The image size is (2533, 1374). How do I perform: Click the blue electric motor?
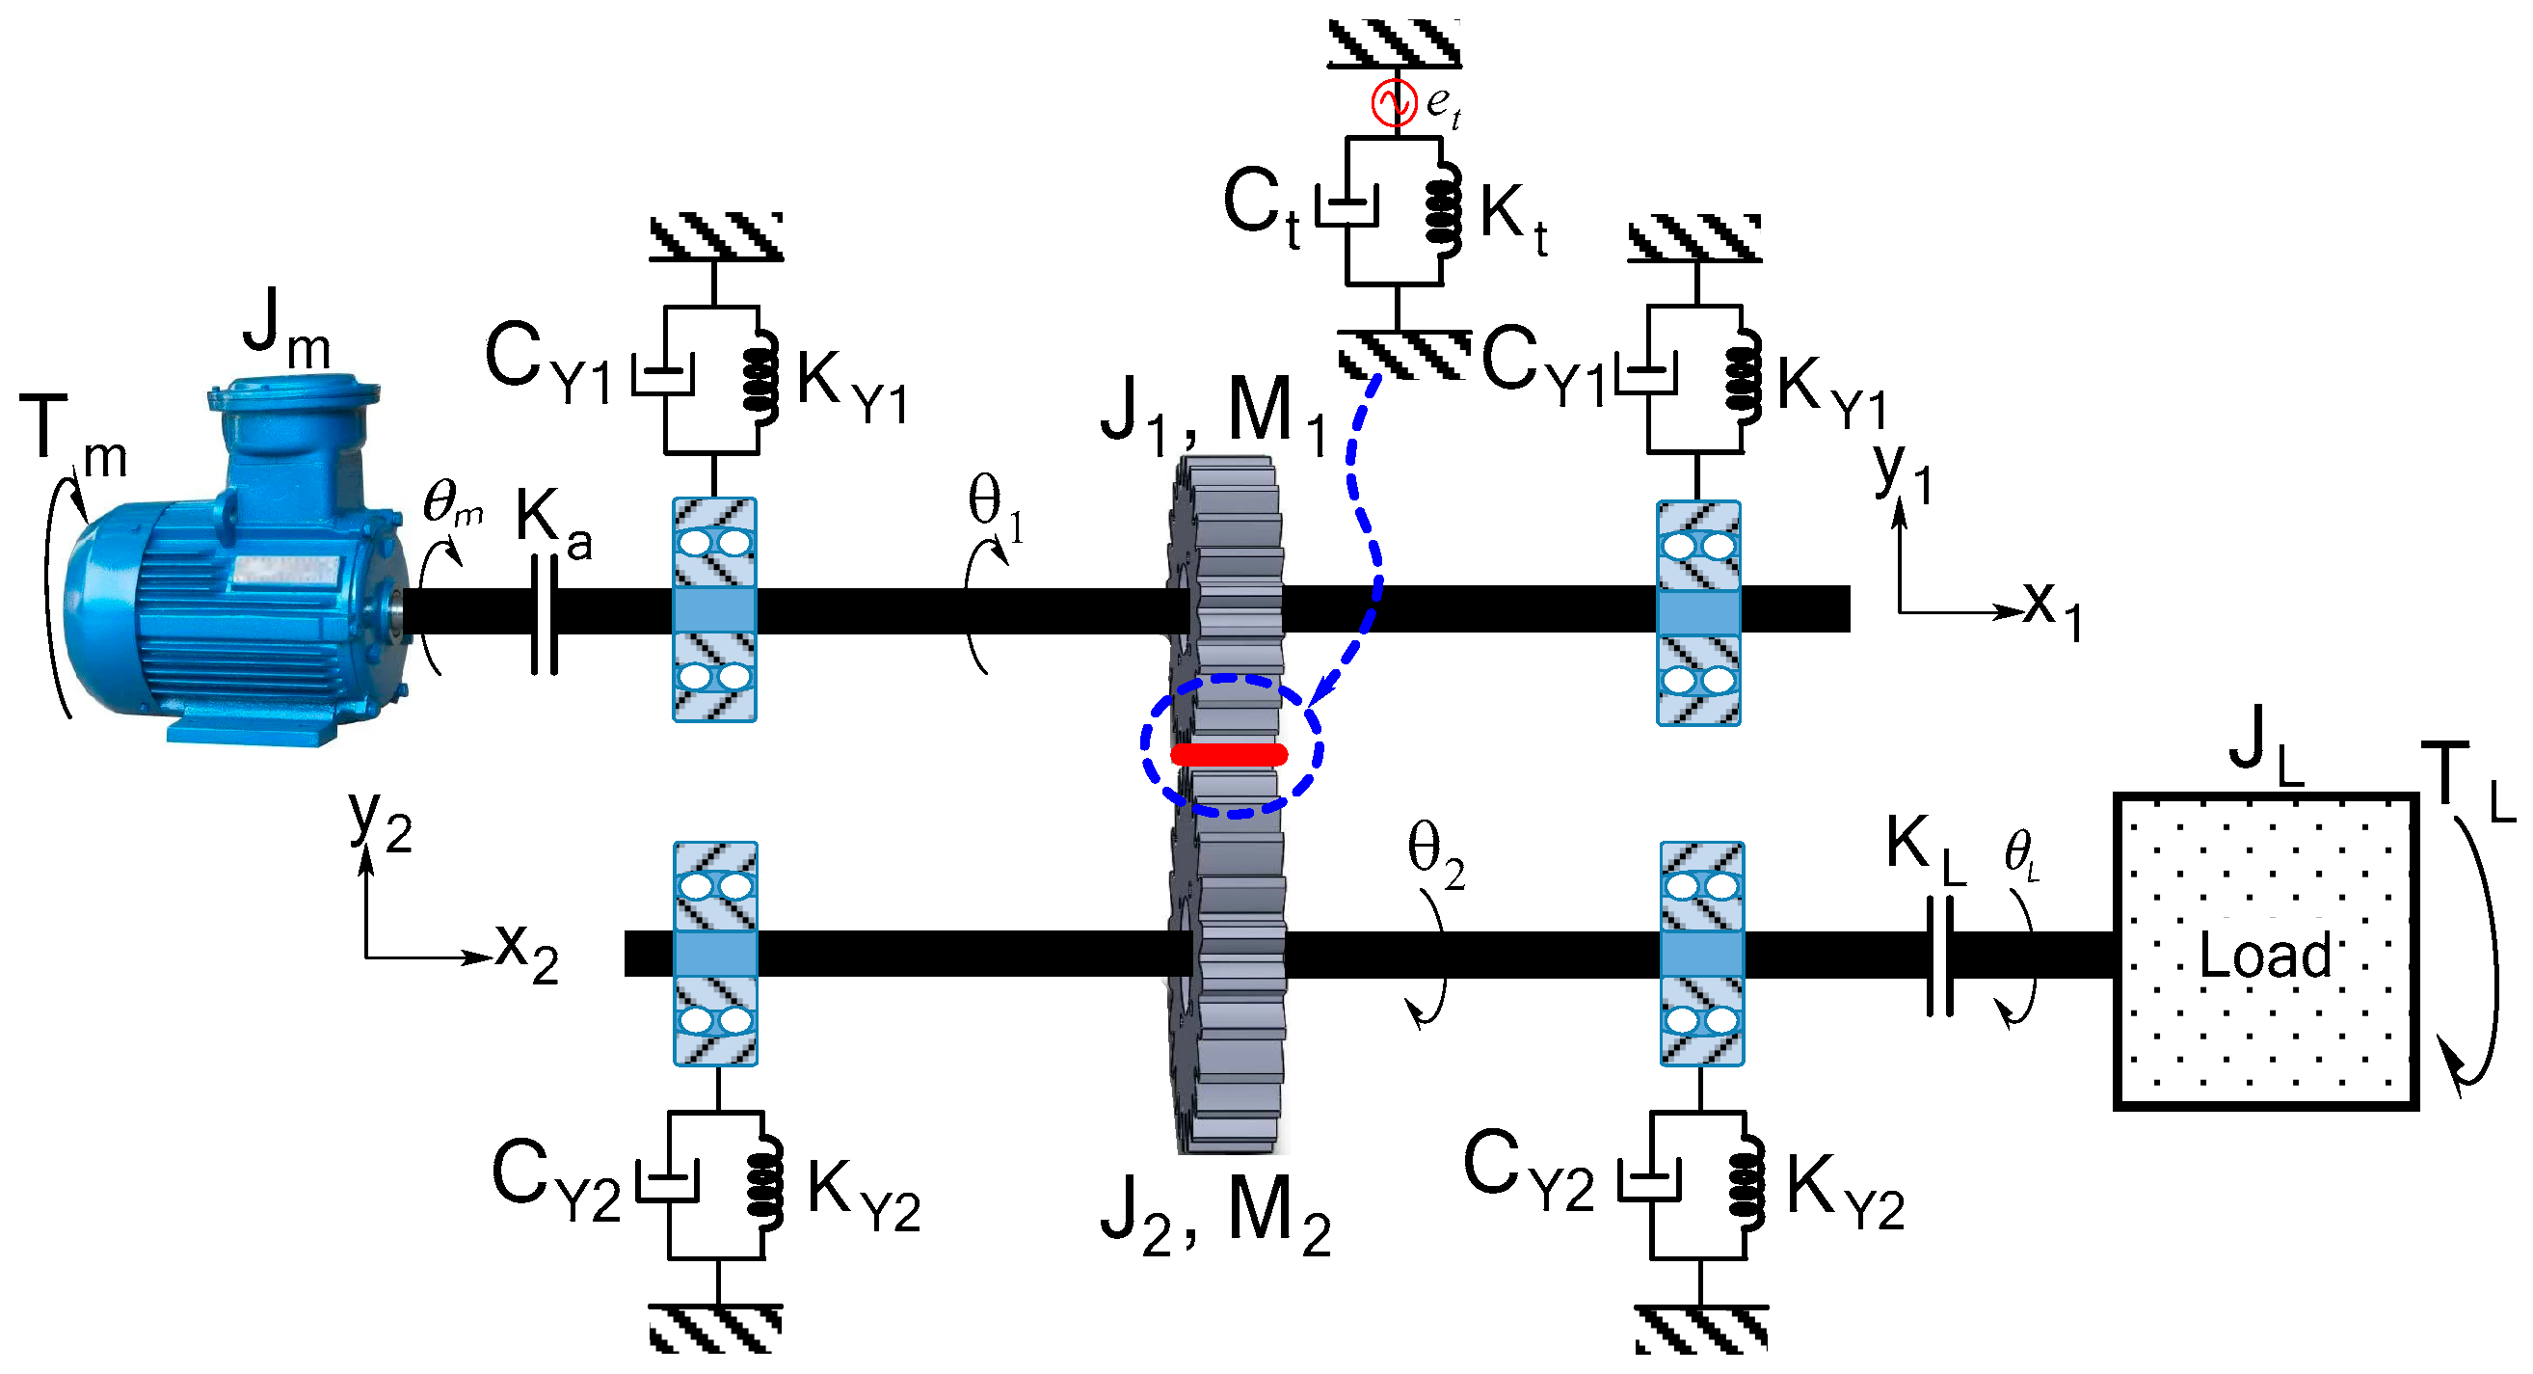coord(236,580)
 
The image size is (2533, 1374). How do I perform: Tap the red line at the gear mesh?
coord(1229,754)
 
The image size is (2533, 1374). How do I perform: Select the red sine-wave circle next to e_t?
coord(1394,102)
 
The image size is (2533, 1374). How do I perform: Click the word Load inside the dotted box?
coord(2264,954)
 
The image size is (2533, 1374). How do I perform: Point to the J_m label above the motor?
coord(286,330)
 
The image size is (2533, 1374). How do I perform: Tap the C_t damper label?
coord(1261,206)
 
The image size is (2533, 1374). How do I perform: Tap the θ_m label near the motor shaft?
coord(452,503)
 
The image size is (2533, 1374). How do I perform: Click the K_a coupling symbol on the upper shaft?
coord(545,616)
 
